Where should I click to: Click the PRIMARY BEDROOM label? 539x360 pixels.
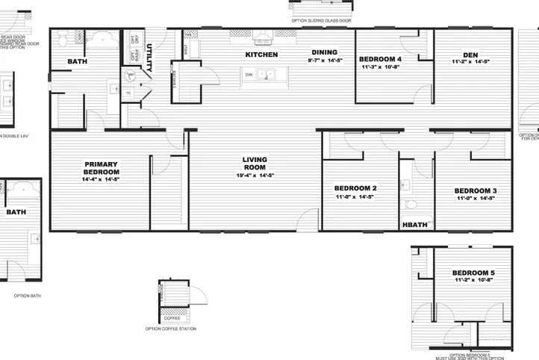[102, 168]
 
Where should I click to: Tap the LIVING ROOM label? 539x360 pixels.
[255, 164]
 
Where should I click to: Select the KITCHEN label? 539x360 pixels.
[262, 55]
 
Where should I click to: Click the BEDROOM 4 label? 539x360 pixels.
[380, 59]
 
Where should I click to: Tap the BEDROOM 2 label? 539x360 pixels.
[355, 188]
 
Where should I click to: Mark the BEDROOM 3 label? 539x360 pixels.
[476, 191]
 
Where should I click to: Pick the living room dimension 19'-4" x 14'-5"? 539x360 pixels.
[255, 176]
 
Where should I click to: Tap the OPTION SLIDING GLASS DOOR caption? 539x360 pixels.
[321, 21]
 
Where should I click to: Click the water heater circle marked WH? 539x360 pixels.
[131, 75]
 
